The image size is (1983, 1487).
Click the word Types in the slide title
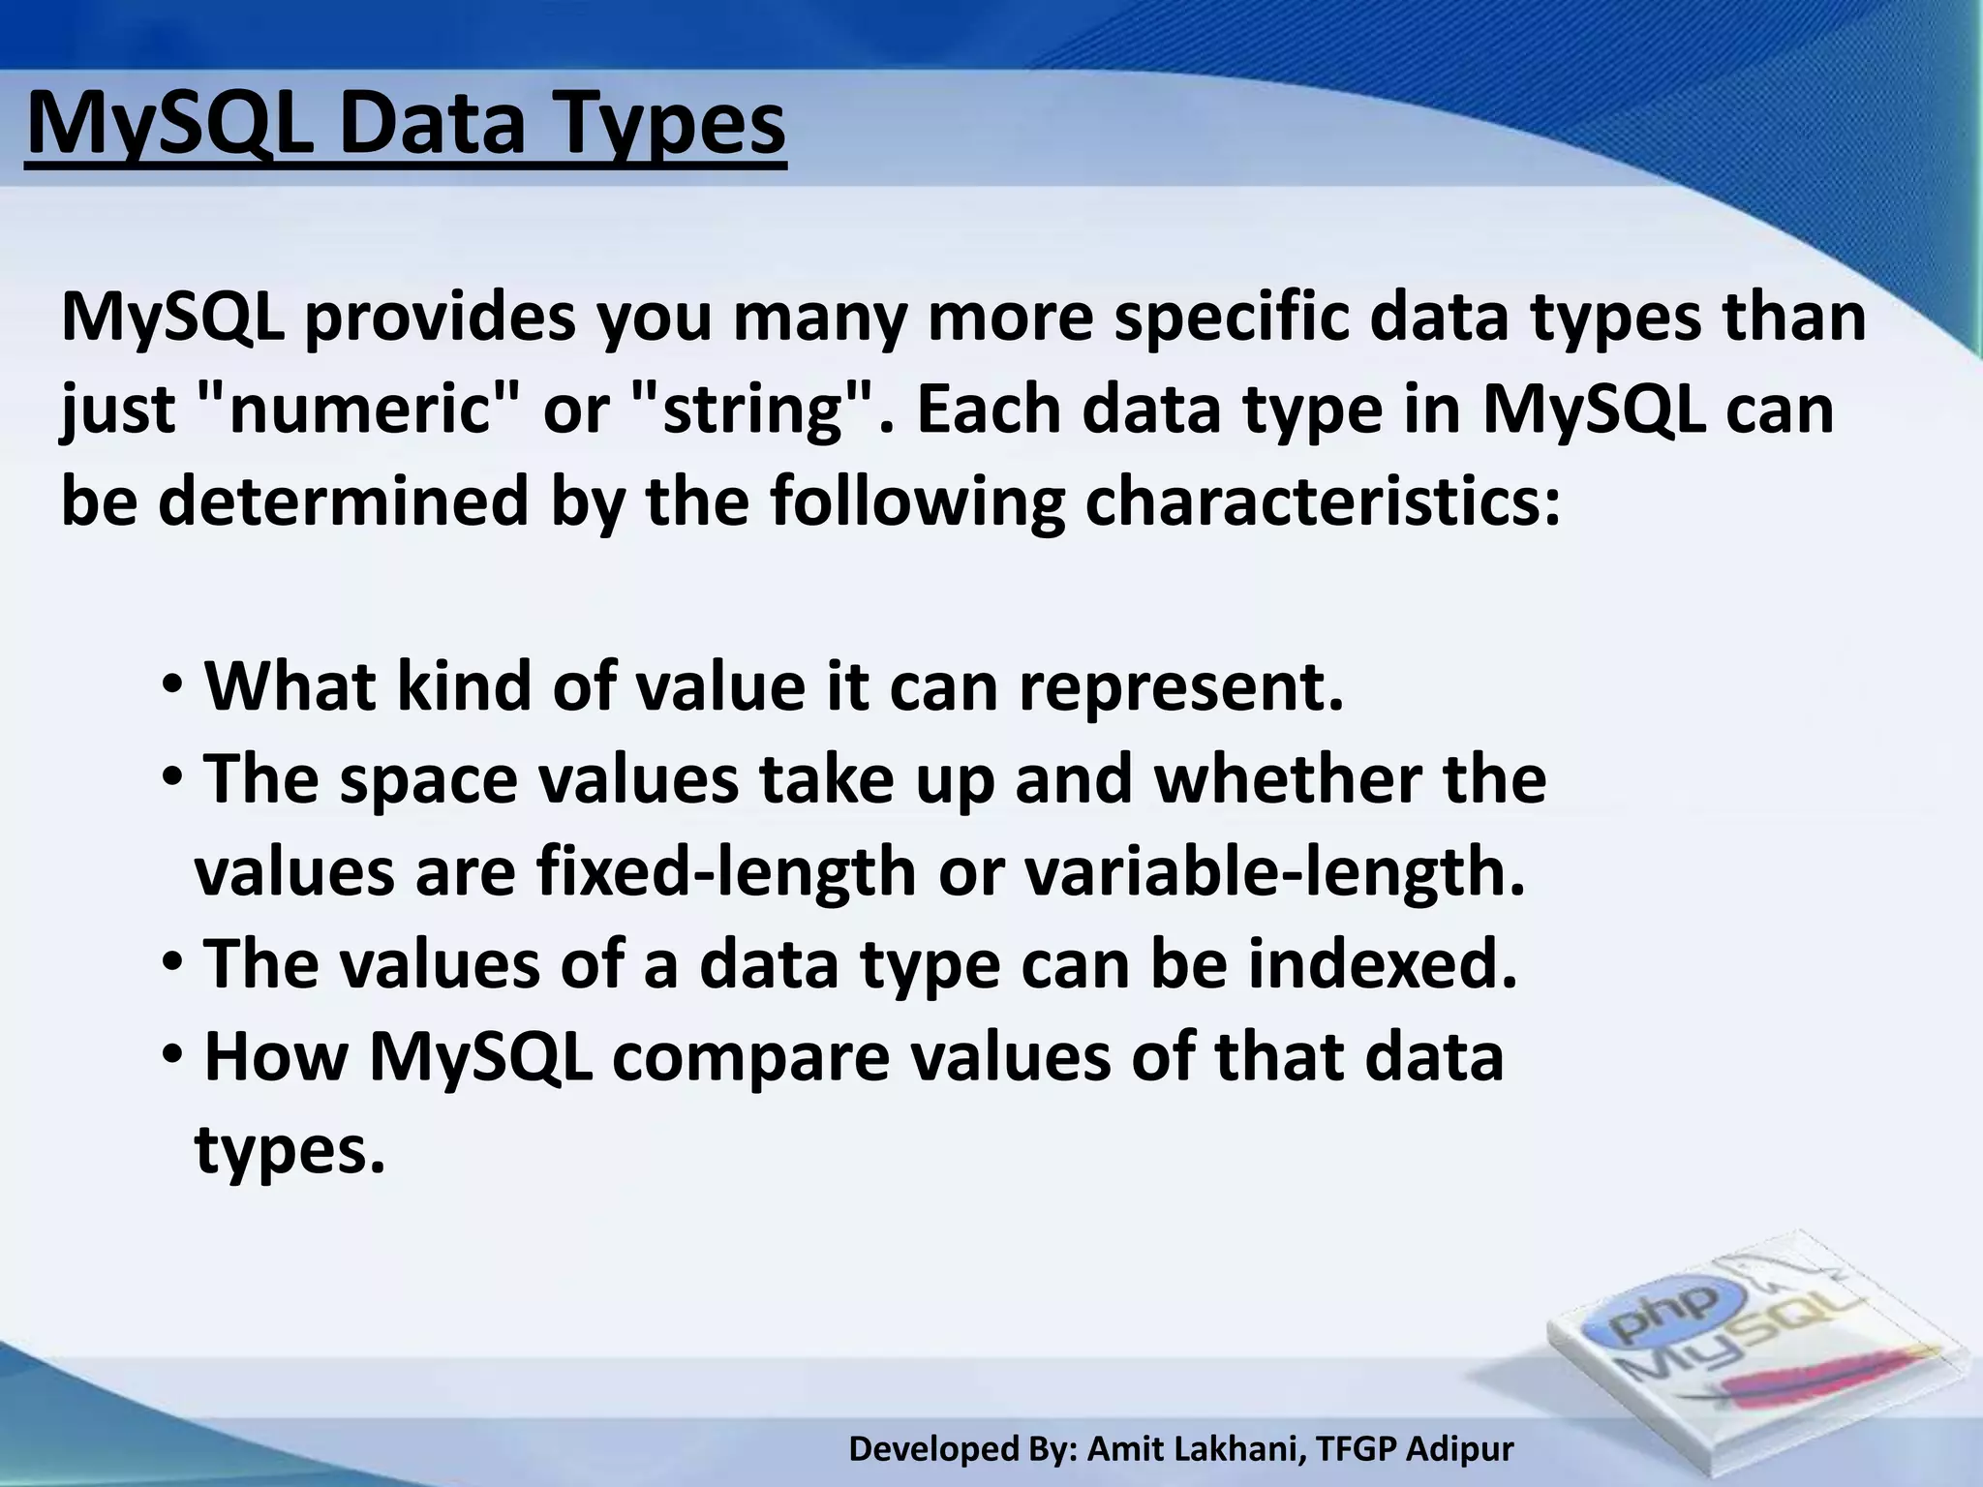click(669, 126)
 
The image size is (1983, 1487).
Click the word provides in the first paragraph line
click(440, 318)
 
